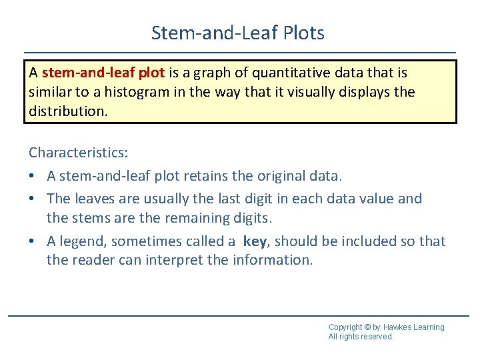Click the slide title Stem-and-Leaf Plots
(238, 33)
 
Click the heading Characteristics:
(78, 152)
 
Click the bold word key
(255, 241)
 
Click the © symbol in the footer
(368, 327)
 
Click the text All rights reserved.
(361, 337)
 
